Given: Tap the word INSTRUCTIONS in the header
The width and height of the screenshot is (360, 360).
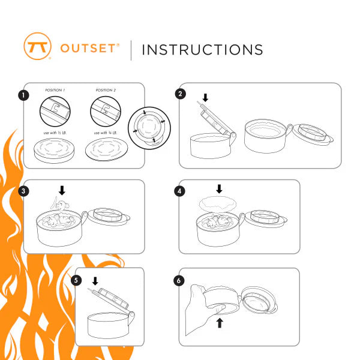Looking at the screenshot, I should tap(202, 49).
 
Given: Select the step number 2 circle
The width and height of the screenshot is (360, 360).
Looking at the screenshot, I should tap(179, 94).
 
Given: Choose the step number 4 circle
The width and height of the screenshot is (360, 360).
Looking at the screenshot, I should tap(179, 191).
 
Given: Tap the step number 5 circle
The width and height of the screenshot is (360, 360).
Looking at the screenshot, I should tap(76, 280).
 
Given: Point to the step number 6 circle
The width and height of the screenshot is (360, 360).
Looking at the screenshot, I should tap(179, 280).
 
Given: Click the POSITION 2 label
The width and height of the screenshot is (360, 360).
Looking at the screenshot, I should tap(106, 91).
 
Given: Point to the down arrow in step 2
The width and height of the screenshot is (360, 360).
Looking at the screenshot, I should tap(205, 97).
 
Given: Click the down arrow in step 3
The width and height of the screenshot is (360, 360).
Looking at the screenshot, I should tap(62, 191).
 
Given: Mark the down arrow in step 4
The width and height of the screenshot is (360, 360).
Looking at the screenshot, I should tap(218, 189).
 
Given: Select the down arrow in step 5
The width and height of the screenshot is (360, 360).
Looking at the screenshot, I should tap(95, 281).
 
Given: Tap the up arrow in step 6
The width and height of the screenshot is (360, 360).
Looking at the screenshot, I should tap(220, 323).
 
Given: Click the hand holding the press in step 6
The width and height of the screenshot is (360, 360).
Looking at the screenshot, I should tap(201, 312).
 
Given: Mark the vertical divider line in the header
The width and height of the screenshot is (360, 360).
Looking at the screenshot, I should tap(131, 49).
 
